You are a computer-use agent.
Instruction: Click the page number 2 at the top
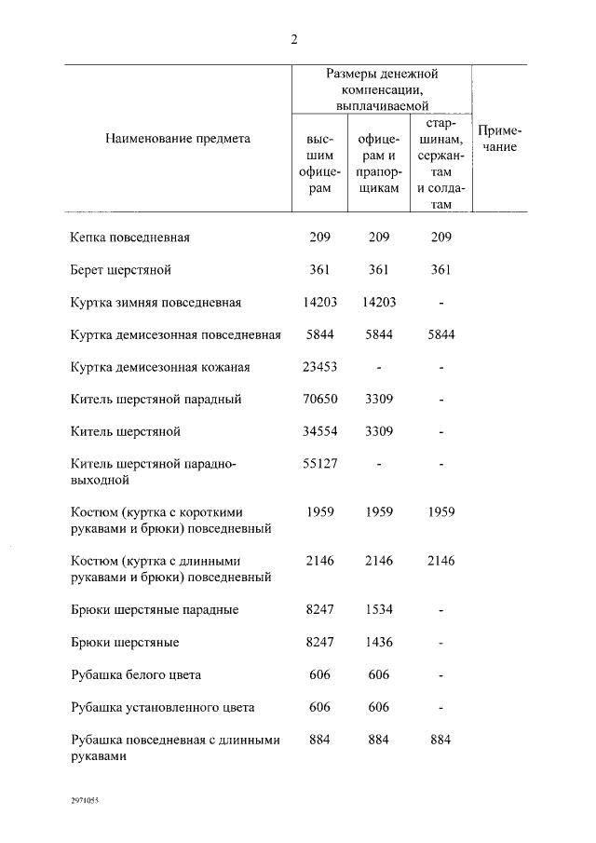tap(294, 39)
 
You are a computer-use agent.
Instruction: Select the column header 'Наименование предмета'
tap(178, 138)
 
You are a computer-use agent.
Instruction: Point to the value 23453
tap(319, 367)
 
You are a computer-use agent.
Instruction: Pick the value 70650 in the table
tap(319, 400)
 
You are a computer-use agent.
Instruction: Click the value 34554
tap(319, 432)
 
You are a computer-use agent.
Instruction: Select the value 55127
tap(319, 465)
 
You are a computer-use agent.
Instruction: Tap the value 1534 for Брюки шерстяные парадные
tap(378, 610)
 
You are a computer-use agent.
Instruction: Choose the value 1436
tap(378, 643)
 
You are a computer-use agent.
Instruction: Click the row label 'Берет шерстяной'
tap(121, 270)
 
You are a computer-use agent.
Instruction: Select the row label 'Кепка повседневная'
tap(130, 238)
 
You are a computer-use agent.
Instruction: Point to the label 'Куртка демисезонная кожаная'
tap(160, 367)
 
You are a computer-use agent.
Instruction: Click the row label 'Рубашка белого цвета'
tap(135, 674)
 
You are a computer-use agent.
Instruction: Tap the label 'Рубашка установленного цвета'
tap(162, 707)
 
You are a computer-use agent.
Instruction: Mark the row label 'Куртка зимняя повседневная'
tap(156, 303)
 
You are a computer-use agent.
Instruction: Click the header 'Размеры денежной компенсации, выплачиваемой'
tap(382, 89)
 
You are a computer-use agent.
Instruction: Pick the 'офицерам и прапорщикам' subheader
tap(378, 163)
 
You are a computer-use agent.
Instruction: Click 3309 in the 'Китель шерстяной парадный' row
tap(378, 400)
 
